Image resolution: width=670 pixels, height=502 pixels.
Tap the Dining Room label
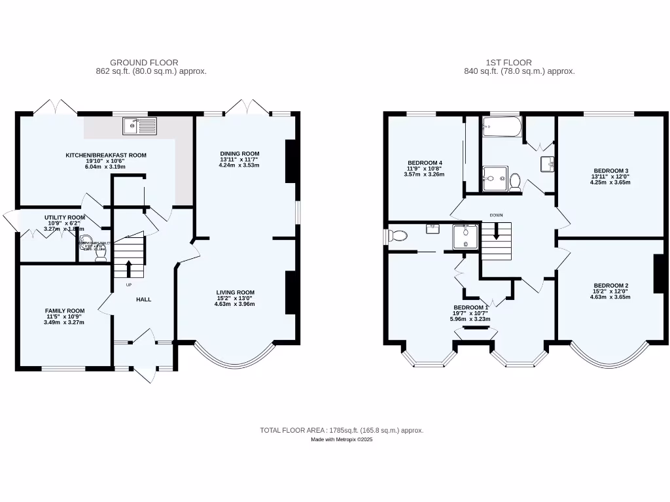(239, 154)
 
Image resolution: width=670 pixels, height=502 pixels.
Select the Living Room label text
(236, 292)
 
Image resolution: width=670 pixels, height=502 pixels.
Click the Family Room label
(65, 310)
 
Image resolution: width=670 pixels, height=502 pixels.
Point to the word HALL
(143, 299)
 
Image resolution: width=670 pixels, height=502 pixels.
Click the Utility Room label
(65, 217)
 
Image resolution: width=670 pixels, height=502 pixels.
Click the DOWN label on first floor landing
(496, 214)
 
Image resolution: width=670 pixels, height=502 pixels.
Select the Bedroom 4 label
(425, 163)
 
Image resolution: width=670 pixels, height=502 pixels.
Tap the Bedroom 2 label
(610, 286)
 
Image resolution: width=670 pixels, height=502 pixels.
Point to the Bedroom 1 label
(470, 307)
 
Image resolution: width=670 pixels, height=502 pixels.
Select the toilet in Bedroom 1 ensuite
(397, 235)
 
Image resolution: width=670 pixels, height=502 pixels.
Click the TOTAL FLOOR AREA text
(342, 430)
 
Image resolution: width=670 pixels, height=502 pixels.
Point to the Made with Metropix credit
(342, 440)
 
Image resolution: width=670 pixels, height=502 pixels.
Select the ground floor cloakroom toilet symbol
(101, 258)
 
